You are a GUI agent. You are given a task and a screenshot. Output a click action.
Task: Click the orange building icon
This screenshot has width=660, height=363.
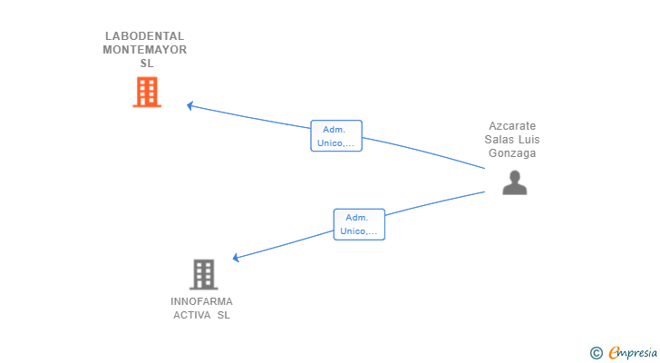click(147, 92)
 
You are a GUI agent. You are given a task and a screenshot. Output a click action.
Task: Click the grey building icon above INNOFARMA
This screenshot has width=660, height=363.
click(204, 275)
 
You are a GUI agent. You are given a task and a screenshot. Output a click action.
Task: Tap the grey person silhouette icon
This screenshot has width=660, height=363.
click(514, 182)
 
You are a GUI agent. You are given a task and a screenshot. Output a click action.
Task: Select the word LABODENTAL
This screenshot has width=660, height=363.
click(144, 36)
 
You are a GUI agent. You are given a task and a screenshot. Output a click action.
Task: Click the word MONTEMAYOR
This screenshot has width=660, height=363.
click(145, 50)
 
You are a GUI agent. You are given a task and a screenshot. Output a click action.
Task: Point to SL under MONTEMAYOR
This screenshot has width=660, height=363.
click(147, 64)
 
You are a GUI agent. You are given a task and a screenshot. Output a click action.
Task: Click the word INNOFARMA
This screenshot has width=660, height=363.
click(201, 301)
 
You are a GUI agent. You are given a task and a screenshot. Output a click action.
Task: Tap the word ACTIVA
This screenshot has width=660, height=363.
click(192, 315)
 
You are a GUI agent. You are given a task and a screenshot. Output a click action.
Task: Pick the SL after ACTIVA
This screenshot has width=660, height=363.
click(224, 315)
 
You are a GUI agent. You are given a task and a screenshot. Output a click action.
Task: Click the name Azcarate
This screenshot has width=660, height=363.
click(512, 126)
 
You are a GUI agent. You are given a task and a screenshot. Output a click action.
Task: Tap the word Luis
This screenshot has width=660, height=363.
click(529, 140)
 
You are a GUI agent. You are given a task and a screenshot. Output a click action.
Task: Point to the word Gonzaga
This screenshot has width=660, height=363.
click(512, 153)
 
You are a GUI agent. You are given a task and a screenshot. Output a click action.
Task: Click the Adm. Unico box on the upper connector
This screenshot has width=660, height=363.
click(336, 136)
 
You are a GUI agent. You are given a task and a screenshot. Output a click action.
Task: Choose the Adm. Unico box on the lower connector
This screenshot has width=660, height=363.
click(359, 224)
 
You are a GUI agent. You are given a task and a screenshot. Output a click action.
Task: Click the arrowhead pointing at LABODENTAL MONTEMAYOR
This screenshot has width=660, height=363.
click(189, 105)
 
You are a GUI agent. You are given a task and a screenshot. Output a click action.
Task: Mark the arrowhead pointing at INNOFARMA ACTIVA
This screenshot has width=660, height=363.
click(236, 258)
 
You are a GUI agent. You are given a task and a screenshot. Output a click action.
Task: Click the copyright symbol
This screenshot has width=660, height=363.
click(596, 353)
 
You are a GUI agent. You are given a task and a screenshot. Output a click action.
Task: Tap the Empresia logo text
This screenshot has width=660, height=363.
click(633, 353)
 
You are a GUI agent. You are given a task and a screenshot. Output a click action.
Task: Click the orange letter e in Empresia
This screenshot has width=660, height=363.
click(614, 352)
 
